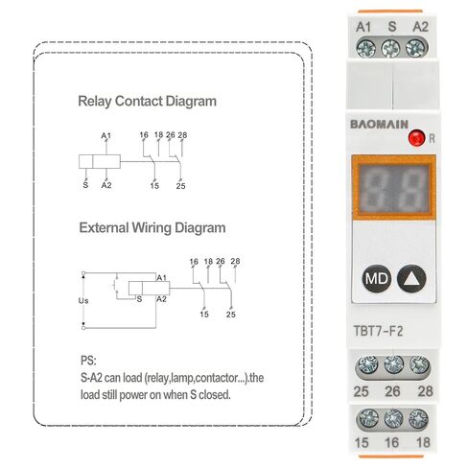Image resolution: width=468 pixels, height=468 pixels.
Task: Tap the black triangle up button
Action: click(x=411, y=278)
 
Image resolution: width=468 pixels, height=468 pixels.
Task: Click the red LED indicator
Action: click(x=416, y=138)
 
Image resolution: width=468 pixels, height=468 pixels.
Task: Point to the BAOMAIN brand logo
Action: click(x=379, y=124)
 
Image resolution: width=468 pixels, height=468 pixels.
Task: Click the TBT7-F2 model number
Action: click(x=378, y=331)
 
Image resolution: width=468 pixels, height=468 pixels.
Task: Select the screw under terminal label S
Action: click(x=390, y=49)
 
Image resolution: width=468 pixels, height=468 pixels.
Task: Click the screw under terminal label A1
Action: click(x=366, y=48)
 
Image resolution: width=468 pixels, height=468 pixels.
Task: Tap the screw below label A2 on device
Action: click(x=415, y=48)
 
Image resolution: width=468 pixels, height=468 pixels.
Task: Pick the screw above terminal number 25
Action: click(x=367, y=365)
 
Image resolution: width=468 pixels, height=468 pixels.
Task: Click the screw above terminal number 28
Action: click(x=419, y=364)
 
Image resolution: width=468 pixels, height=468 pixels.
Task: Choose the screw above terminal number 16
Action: click(x=393, y=419)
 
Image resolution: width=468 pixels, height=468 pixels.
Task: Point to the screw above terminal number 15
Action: click(x=368, y=419)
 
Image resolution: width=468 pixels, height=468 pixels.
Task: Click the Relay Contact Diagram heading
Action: click(x=147, y=102)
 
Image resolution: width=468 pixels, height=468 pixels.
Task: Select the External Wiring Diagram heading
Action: click(x=152, y=228)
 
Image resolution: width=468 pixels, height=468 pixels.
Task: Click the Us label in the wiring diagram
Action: click(x=83, y=301)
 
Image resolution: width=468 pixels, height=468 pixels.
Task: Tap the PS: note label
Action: click(x=88, y=361)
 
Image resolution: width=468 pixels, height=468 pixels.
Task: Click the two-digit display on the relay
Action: click(x=393, y=188)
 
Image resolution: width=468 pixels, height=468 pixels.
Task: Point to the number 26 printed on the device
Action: click(x=392, y=391)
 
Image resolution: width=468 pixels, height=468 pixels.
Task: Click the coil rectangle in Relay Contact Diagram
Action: click(x=100, y=161)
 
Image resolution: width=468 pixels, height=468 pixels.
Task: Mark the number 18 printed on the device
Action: click(x=423, y=443)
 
